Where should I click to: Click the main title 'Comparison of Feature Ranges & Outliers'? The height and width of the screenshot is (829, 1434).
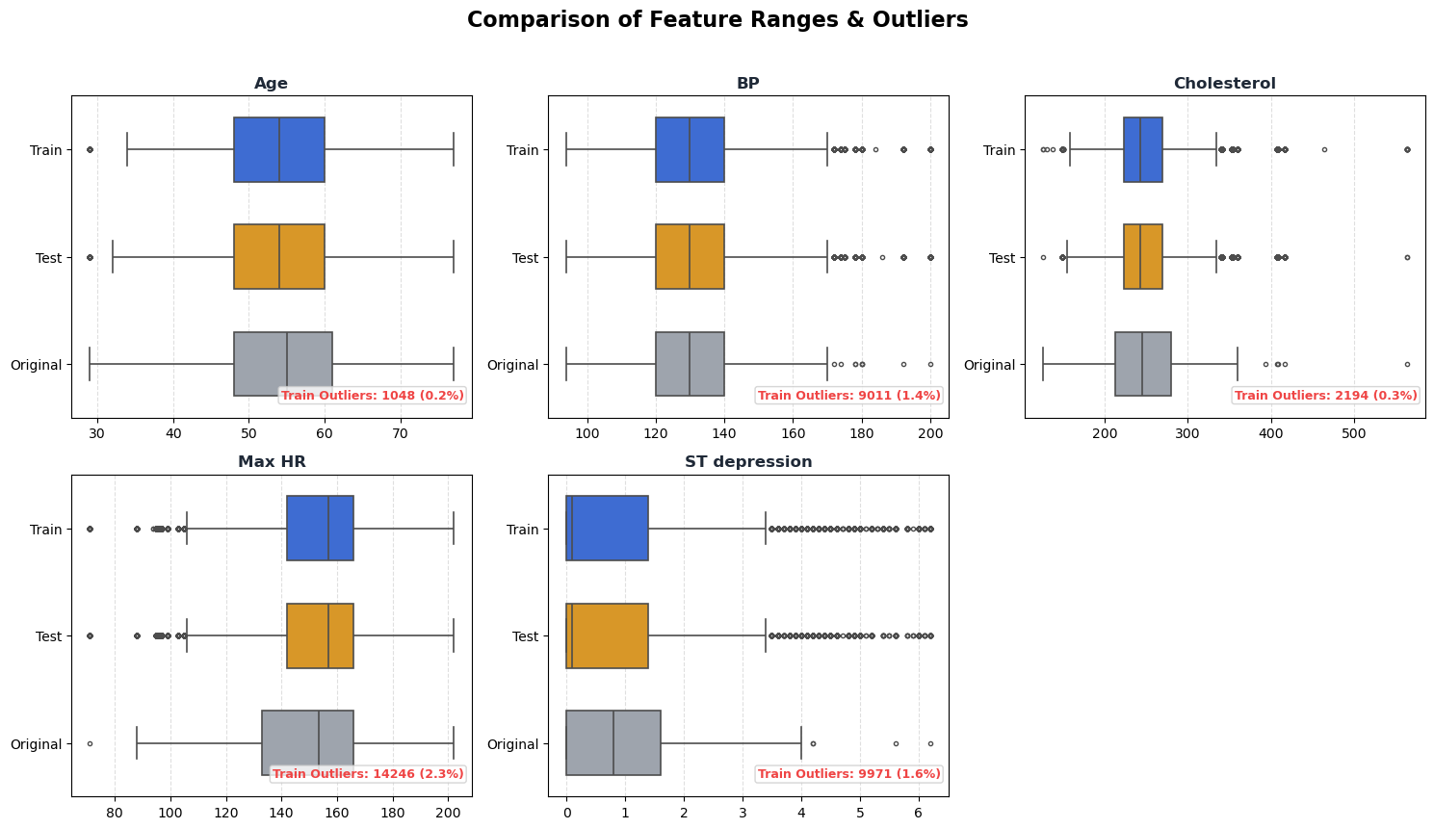click(x=717, y=20)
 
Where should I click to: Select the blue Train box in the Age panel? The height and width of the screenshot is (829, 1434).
click(x=279, y=150)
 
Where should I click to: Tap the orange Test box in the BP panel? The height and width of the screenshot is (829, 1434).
click(x=690, y=257)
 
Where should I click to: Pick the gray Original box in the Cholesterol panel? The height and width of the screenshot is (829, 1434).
click(x=1143, y=365)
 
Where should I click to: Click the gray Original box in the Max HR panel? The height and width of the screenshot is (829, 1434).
click(x=307, y=743)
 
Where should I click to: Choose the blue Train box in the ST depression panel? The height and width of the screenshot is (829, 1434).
click(x=607, y=529)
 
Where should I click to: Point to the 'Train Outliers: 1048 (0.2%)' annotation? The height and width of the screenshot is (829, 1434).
click(x=373, y=396)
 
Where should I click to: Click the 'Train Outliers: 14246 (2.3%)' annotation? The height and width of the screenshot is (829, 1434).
click(x=368, y=774)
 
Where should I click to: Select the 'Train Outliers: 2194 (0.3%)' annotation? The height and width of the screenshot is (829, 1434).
click(x=1326, y=396)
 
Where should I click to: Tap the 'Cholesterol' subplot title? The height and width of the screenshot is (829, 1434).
click(x=1224, y=84)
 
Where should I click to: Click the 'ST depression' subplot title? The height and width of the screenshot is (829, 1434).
click(x=748, y=462)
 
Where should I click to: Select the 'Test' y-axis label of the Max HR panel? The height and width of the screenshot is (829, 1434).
click(x=48, y=636)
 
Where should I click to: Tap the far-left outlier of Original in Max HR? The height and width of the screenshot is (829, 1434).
click(x=90, y=743)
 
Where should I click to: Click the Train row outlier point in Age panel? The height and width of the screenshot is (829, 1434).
click(x=90, y=150)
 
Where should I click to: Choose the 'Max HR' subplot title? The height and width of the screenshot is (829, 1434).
click(x=272, y=462)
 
